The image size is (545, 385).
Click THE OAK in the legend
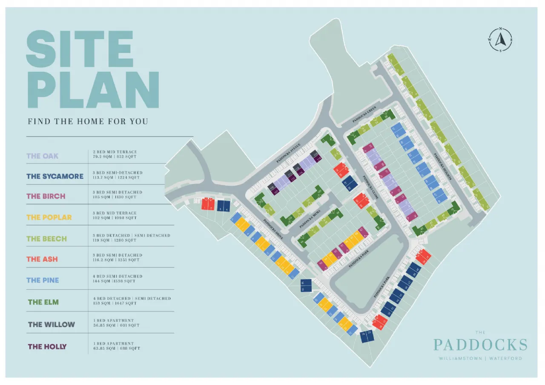[43, 156]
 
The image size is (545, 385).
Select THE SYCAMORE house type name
[55, 176]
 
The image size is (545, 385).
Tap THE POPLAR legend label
[49, 217]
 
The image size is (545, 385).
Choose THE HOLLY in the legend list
[47, 347]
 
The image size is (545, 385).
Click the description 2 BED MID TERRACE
[115, 151]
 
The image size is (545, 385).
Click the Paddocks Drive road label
[273, 231]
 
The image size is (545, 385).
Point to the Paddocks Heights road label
[442, 166]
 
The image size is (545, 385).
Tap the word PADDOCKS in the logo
[480, 345]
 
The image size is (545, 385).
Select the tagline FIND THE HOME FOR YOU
[88, 121]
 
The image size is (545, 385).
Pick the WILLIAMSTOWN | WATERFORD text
[480, 358]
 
